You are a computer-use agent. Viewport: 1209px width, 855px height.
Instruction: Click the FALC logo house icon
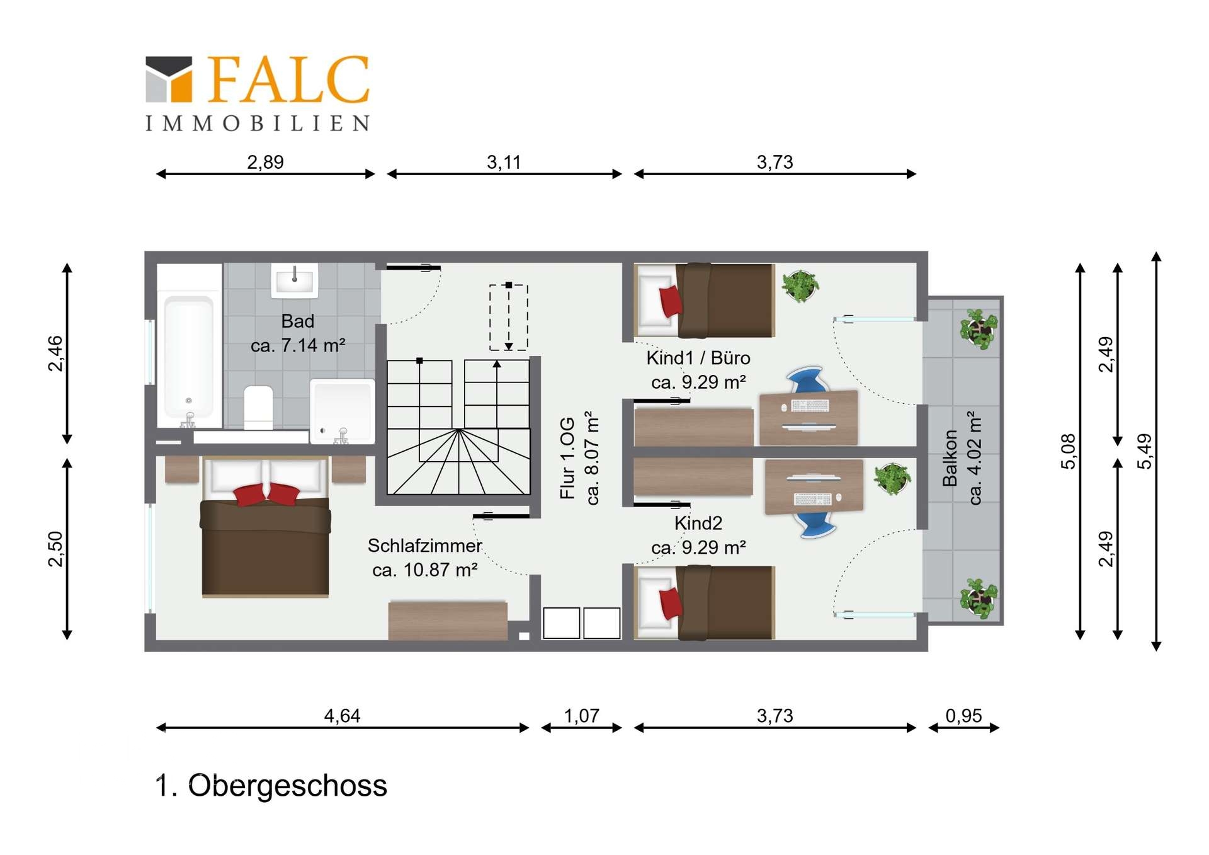[x=169, y=79]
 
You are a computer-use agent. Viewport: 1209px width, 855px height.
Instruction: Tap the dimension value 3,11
[x=504, y=163]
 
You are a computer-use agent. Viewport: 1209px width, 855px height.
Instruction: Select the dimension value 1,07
[x=581, y=716]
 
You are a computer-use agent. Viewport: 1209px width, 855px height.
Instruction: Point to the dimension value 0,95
[x=963, y=716]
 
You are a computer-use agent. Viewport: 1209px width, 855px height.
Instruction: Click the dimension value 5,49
[x=1144, y=451]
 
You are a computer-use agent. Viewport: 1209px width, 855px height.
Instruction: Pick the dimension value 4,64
[x=342, y=716]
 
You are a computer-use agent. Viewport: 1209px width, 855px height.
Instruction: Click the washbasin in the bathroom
[x=294, y=280]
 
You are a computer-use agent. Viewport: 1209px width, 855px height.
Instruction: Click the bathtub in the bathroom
[x=189, y=359]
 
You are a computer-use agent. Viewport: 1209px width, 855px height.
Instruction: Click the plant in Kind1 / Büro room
[x=800, y=286]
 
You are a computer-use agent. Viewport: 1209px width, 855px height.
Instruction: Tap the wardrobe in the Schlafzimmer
[x=448, y=621]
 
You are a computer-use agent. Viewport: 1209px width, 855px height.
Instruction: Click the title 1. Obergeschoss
[x=271, y=786]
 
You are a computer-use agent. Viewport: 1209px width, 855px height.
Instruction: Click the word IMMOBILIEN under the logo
[x=258, y=123]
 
